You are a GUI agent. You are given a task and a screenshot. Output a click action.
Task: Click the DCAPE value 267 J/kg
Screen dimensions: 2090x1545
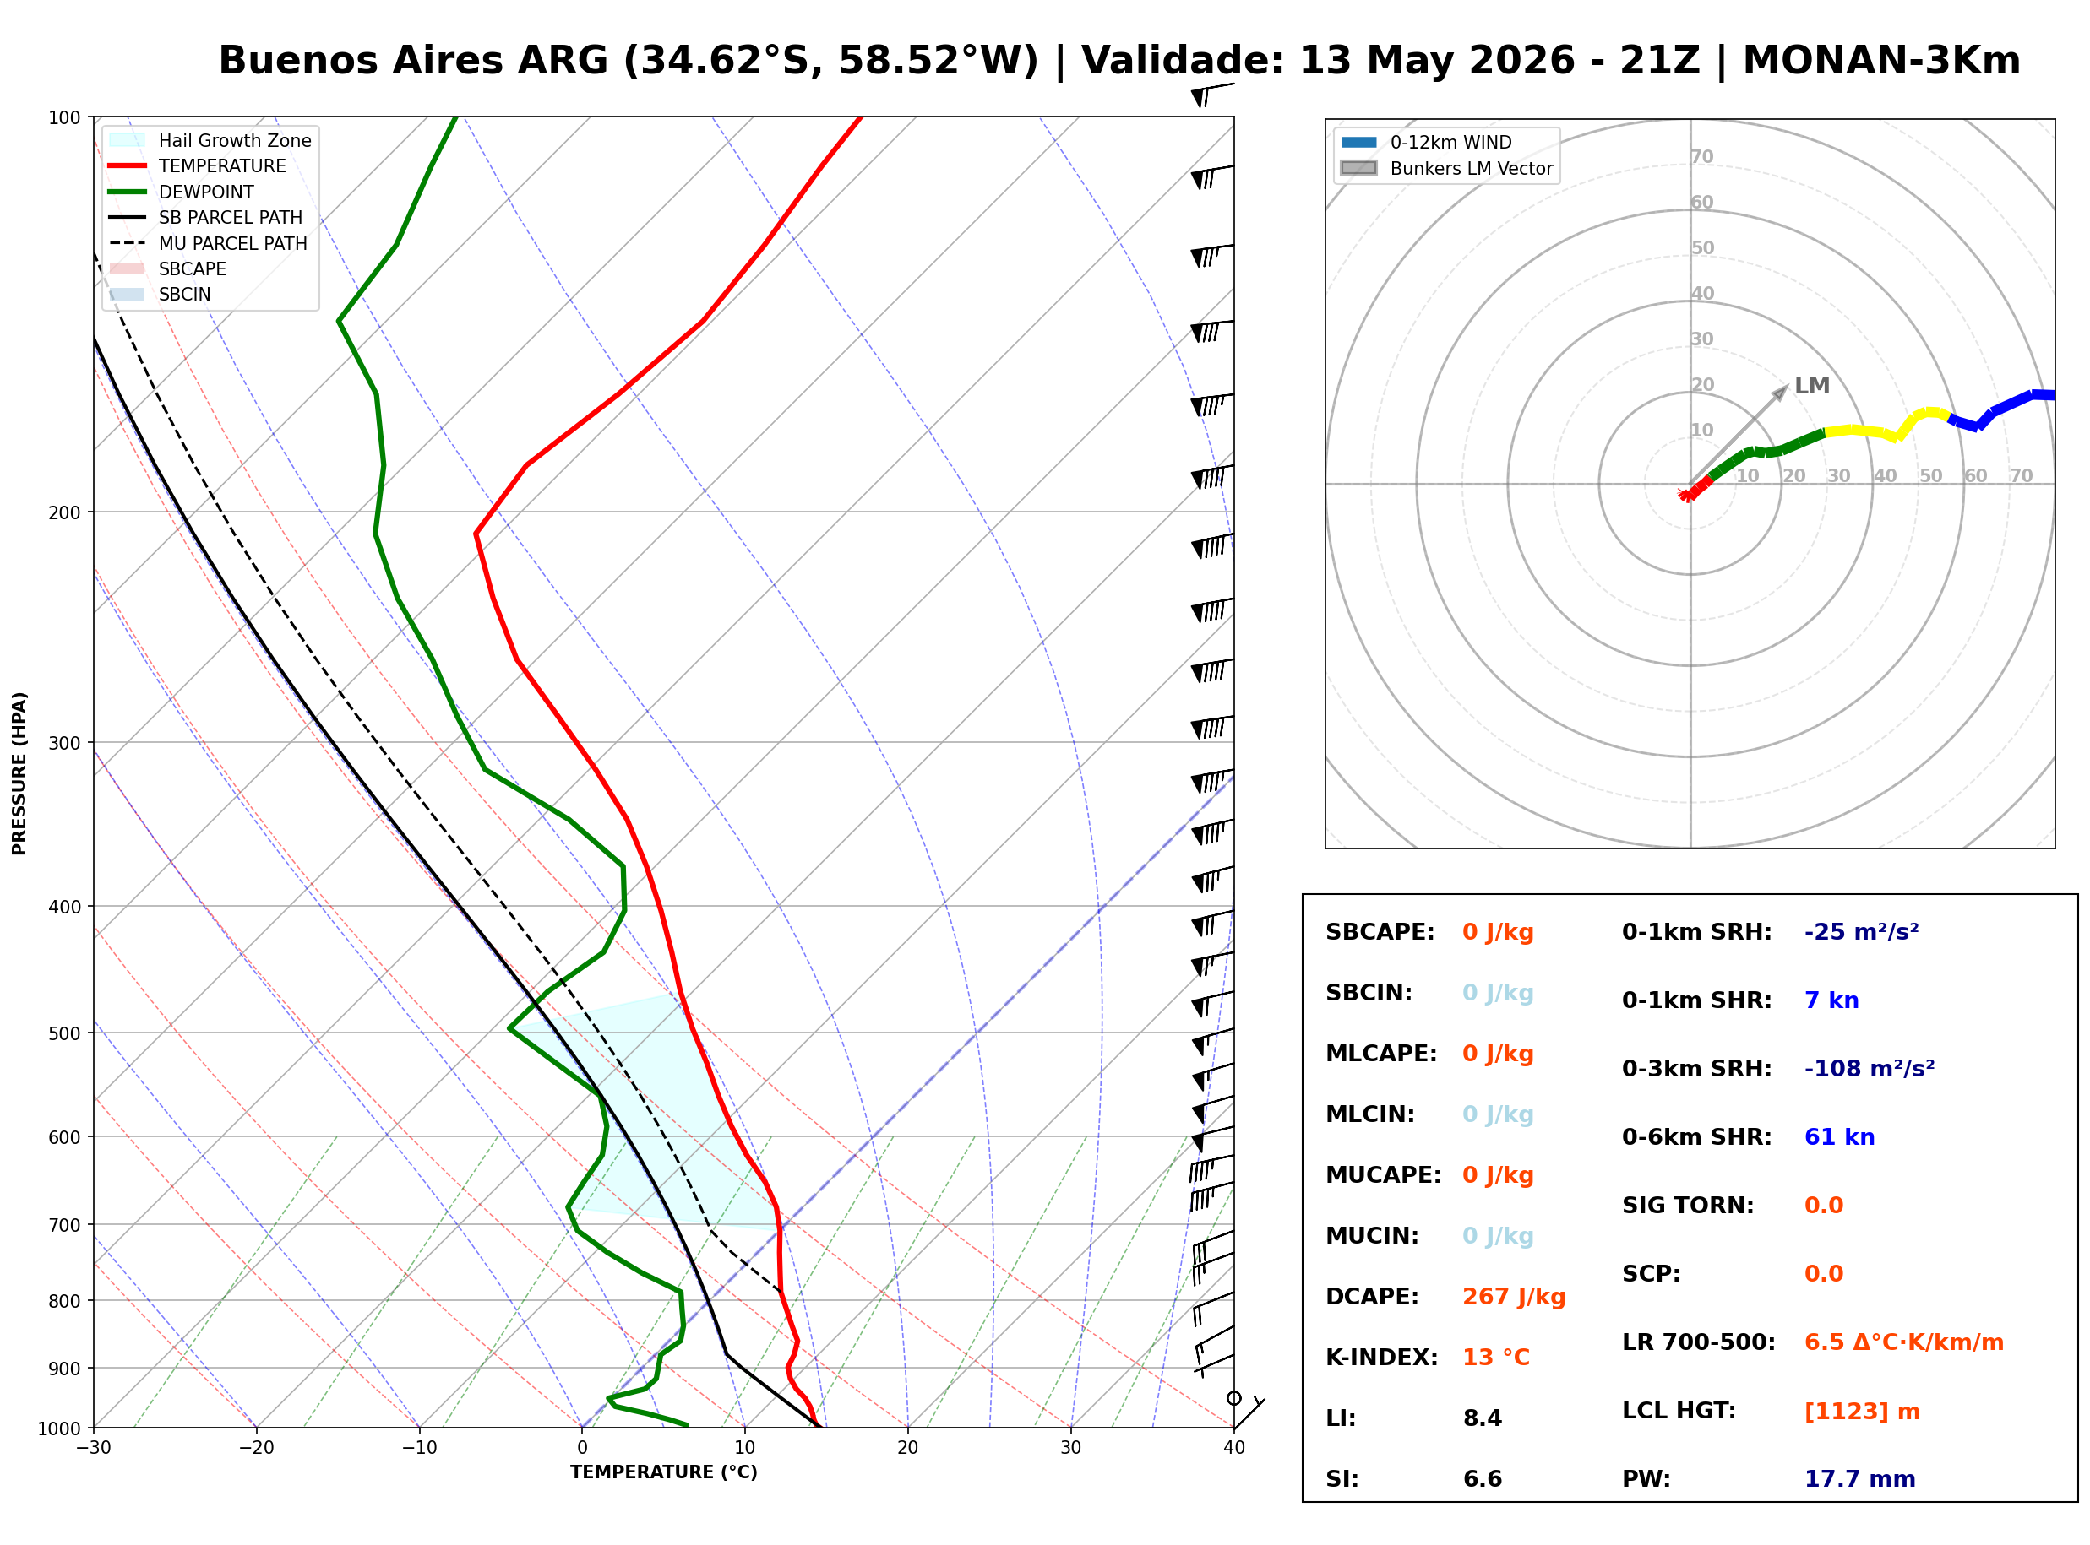click(1513, 1297)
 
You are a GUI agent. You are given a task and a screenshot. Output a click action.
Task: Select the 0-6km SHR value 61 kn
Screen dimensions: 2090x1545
click(1838, 1137)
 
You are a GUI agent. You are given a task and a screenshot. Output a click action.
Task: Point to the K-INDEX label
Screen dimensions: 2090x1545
click(1381, 1358)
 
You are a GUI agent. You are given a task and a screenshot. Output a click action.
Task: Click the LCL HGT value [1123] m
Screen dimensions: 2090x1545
click(1862, 1412)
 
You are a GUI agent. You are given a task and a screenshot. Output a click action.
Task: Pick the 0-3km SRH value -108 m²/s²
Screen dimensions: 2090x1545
click(1869, 1068)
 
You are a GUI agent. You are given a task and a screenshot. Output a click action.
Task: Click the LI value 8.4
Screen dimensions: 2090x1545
click(1482, 1418)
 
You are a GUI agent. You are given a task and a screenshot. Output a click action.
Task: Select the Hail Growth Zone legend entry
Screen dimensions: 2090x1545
click(210, 140)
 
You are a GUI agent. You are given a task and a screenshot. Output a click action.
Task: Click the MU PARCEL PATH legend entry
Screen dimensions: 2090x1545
click(209, 243)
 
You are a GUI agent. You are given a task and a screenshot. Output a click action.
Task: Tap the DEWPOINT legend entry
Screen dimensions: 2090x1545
click(182, 192)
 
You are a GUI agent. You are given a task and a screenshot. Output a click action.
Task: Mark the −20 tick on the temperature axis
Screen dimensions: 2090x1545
click(255, 1448)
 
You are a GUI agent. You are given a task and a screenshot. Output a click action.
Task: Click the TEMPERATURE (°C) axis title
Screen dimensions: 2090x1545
click(663, 1473)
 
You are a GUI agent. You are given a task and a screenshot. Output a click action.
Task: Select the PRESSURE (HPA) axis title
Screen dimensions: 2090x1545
click(19, 773)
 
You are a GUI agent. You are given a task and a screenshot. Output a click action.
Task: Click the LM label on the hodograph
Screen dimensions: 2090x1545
click(1811, 385)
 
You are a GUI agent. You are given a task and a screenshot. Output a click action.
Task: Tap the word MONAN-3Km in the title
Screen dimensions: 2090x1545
click(1881, 61)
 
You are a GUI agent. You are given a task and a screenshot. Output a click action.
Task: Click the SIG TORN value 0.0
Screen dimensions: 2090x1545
click(1823, 1206)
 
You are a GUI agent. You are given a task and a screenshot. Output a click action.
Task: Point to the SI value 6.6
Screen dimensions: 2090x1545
click(1482, 1479)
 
